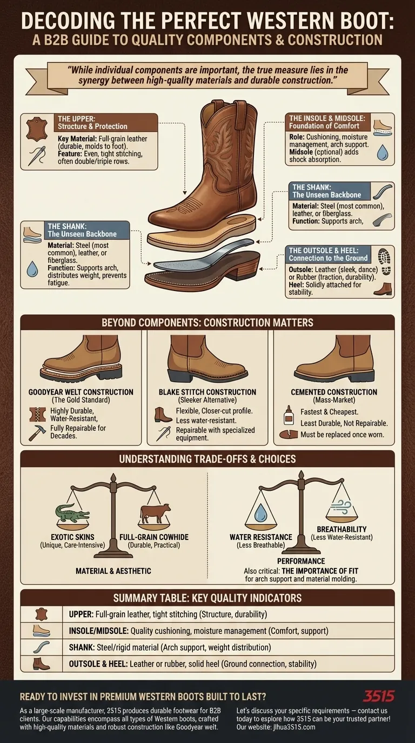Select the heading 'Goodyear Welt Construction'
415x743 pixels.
click(81, 392)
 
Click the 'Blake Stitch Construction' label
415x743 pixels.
click(207, 392)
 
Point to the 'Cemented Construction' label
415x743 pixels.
click(333, 392)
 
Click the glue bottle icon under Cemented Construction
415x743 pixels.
click(289, 415)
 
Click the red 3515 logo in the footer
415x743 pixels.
click(378, 696)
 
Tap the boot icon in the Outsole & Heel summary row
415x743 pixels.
click(41, 663)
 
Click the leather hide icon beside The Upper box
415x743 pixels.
click(36, 129)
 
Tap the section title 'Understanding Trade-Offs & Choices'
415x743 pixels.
click(207, 460)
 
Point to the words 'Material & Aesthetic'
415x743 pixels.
click(113, 571)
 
